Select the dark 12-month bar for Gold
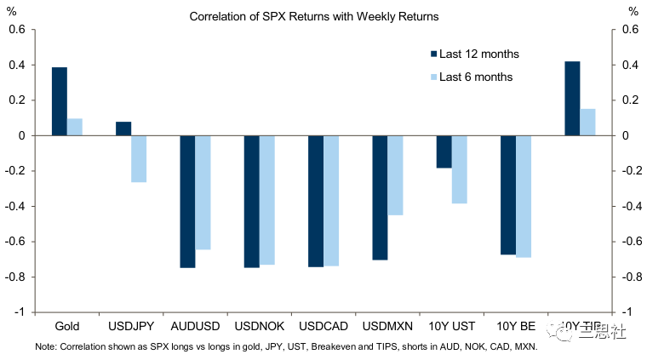[60, 101]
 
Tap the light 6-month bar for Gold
[75, 127]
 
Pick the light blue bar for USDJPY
[139, 159]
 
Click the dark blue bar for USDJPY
[123, 129]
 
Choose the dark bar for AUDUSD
[187, 202]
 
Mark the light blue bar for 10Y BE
[524, 197]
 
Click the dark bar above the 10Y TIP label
[572, 98]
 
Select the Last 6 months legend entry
[476, 77]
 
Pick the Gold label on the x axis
[67, 326]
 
